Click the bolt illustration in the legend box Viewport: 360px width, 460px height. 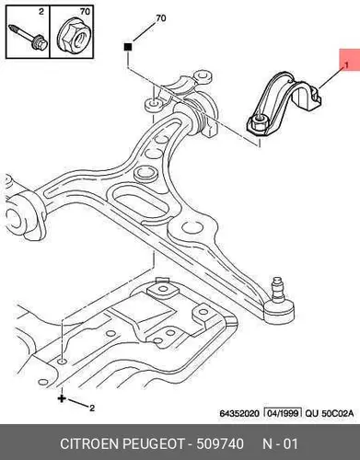[x=28, y=37]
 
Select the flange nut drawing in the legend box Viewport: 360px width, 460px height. [x=73, y=36]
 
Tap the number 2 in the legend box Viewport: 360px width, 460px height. [x=41, y=12]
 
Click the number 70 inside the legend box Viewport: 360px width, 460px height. [x=85, y=12]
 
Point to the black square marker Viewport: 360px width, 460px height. [x=128, y=47]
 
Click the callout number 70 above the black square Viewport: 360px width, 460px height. [x=161, y=18]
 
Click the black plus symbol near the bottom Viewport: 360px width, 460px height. [x=62, y=398]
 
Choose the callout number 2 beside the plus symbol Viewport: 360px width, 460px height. [x=91, y=408]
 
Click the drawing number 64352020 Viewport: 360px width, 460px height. [x=239, y=413]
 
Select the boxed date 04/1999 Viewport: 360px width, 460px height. [x=283, y=413]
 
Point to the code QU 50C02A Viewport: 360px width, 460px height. [x=330, y=413]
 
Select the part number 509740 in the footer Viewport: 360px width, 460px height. [x=220, y=444]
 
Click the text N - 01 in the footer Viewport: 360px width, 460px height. [x=280, y=444]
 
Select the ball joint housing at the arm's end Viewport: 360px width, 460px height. [x=280, y=311]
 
